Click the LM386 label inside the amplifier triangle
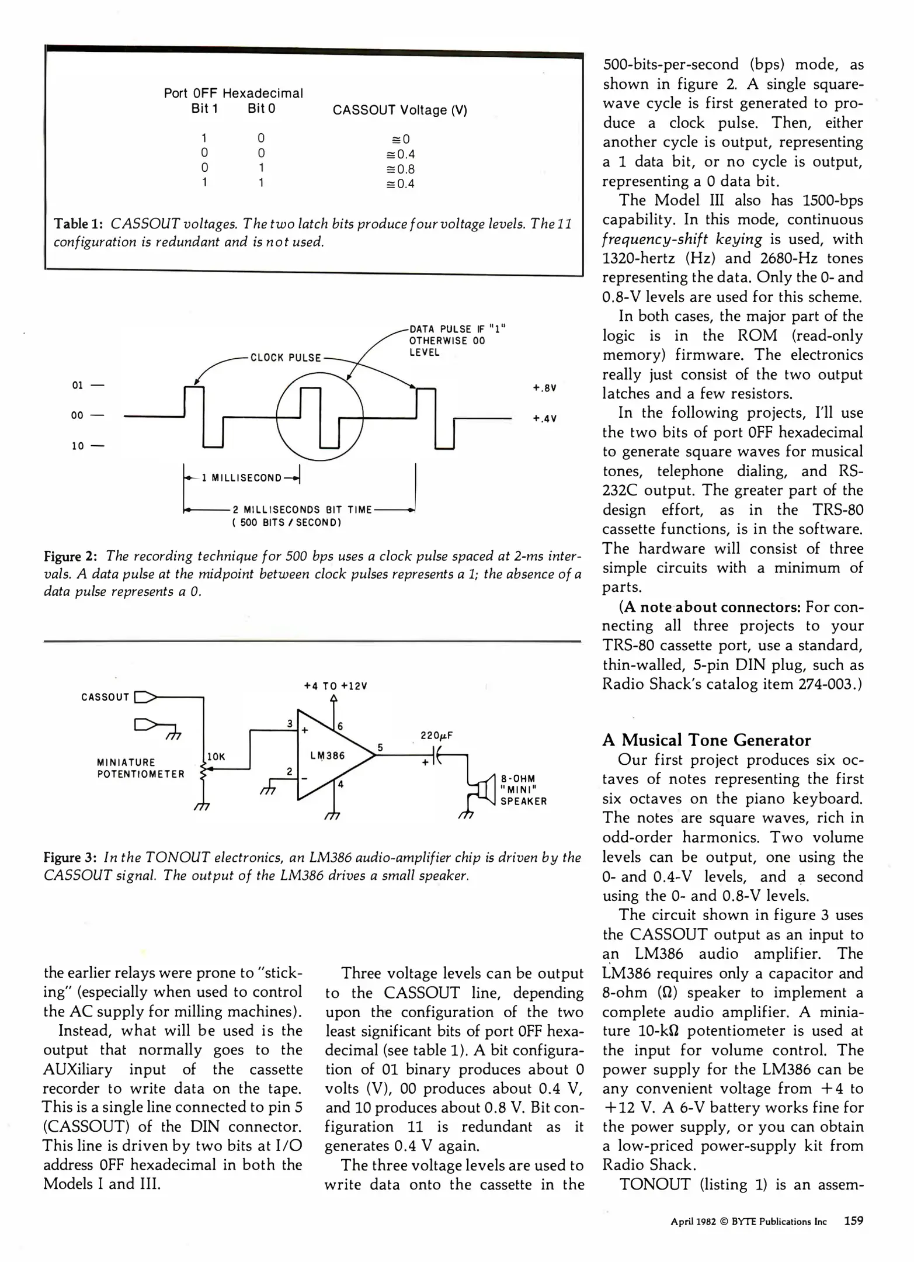[x=328, y=755]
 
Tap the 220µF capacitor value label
[x=437, y=736]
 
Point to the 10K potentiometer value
[x=216, y=757]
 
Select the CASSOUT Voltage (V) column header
[x=400, y=110]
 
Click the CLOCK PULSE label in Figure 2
[x=286, y=358]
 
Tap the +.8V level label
[x=544, y=388]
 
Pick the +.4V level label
[x=544, y=418]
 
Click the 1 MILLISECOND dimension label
[x=241, y=478]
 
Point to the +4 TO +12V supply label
[x=335, y=686]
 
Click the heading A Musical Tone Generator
[x=707, y=740]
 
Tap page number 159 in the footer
[x=853, y=1221]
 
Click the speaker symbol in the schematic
[x=484, y=791]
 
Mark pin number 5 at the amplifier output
[x=380, y=747]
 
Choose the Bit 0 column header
[x=261, y=109]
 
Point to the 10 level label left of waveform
[x=78, y=446]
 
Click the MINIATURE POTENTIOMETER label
[x=140, y=768]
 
